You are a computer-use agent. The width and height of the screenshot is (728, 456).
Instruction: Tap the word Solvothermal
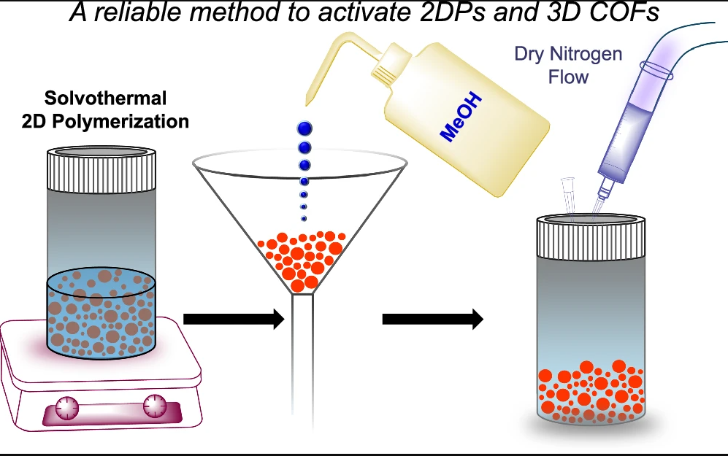105,98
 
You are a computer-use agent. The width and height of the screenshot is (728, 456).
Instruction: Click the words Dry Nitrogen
569,55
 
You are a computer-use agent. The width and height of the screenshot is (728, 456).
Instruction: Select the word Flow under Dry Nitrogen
568,76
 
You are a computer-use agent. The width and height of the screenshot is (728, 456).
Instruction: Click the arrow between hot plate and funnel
233,319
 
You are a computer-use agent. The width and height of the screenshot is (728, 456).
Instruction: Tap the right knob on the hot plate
155,406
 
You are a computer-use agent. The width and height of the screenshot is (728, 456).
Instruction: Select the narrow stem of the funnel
303,350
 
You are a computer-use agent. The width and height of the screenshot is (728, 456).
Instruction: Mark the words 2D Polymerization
105,120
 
